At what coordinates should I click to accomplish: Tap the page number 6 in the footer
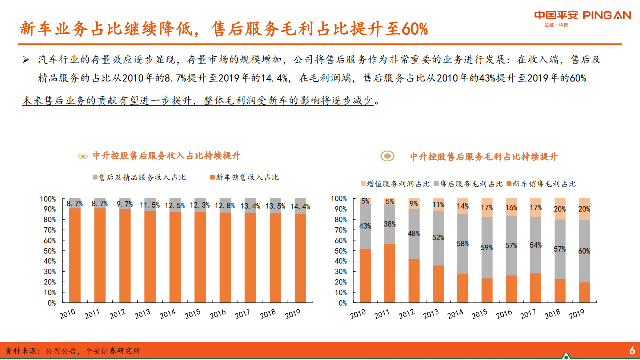(x=632, y=350)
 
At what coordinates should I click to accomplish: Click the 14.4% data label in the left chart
(x=301, y=206)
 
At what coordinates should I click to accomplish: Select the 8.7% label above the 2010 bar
(x=74, y=204)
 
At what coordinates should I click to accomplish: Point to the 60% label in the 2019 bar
(x=584, y=251)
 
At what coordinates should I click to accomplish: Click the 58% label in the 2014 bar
(x=463, y=244)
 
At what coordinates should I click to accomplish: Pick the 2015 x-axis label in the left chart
(x=193, y=315)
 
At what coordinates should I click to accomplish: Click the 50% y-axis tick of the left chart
(x=49, y=251)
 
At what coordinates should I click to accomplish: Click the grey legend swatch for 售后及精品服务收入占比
(x=95, y=177)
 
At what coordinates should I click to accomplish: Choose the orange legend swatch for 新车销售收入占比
(x=212, y=177)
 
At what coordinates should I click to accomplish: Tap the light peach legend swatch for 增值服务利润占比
(x=363, y=184)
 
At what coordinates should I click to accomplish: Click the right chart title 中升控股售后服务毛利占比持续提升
(x=483, y=156)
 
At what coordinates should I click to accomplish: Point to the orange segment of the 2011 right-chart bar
(x=390, y=273)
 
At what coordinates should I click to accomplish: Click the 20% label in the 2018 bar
(x=560, y=209)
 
